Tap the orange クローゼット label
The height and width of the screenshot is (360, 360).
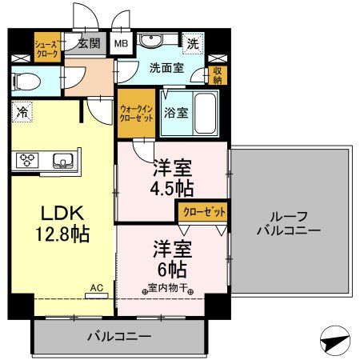tap(202, 211)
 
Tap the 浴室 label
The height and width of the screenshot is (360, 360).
tap(175, 112)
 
